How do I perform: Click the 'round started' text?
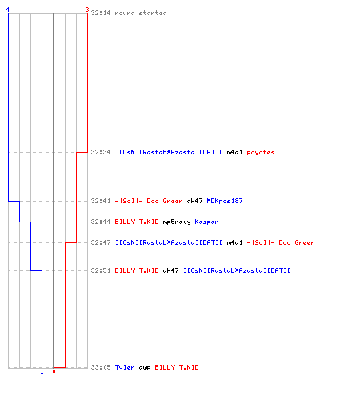coord(141,13)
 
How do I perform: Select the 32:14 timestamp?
coord(101,13)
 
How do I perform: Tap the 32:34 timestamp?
coord(101,152)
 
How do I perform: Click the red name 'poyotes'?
coord(261,153)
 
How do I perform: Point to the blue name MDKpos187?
coord(225,201)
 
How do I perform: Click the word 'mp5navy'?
coord(177,222)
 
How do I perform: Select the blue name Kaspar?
coord(206,222)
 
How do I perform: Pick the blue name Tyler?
coord(125,367)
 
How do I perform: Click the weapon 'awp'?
coord(145,368)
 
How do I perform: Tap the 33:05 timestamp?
coord(101,367)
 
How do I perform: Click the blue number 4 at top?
coord(8,10)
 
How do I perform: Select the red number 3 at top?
coord(87,10)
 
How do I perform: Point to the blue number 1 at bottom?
coord(42,371)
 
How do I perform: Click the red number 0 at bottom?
coord(54,371)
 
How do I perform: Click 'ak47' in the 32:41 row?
coord(194,201)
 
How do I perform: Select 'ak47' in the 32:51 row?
coord(170,270)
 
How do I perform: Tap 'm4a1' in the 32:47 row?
coord(234,242)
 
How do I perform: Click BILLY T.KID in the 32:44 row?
coord(137,222)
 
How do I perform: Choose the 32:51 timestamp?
coord(101,270)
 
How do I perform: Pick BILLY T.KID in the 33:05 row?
coord(177,367)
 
